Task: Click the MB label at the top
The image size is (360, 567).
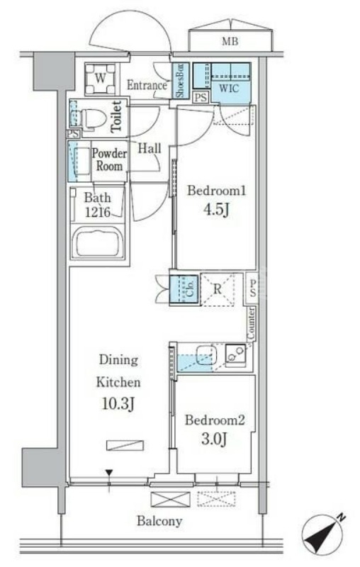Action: (230, 42)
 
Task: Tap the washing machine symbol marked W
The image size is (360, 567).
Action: (101, 79)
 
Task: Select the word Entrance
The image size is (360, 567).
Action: (147, 86)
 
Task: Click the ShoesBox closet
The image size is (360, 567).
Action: (180, 81)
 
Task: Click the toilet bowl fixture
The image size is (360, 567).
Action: (93, 117)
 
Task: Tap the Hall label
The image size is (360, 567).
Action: (149, 148)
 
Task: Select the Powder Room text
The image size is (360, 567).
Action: (108, 160)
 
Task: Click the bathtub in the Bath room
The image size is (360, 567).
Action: (99, 244)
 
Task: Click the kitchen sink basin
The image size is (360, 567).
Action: (204, 355)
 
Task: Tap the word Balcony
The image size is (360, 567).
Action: (159, 521)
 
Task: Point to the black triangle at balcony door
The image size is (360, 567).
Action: (109, 473)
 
